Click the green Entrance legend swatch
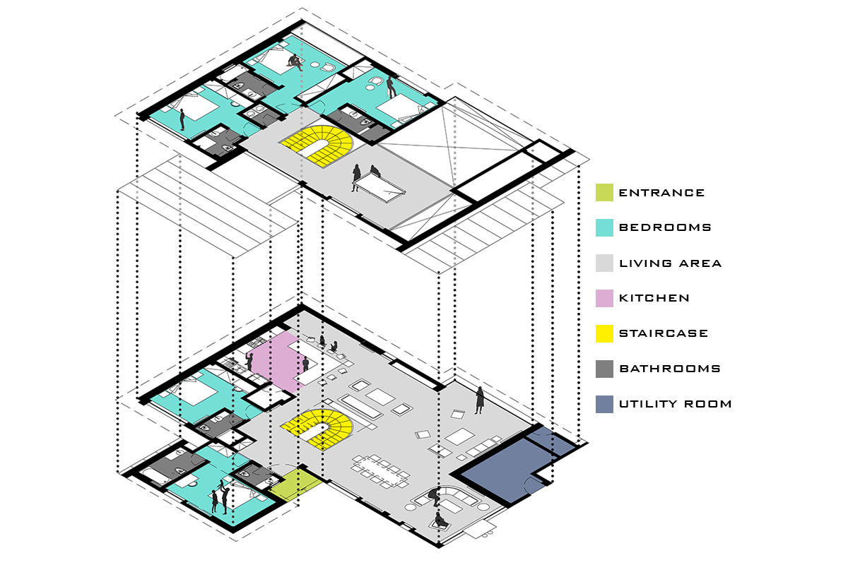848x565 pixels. coord(604,192)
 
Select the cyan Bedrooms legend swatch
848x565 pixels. coord(604,227)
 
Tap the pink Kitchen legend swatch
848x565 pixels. coord(604,298)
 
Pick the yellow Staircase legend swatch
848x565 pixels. coord(604,333)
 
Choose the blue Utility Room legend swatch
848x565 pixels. coord(604,404)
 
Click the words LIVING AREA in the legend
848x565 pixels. coord(670,263)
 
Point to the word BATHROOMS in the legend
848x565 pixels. coord(670,369)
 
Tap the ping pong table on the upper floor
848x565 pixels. coord(379,188)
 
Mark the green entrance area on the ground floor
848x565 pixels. coord(296,484)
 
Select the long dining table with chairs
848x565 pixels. coord(380,472)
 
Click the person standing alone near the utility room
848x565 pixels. coord(480,400)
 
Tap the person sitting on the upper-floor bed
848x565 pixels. coord(295,61)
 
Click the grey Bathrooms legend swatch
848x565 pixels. coord(604,369)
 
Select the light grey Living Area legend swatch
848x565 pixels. coord(604,263)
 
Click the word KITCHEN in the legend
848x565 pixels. coord(654,298)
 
